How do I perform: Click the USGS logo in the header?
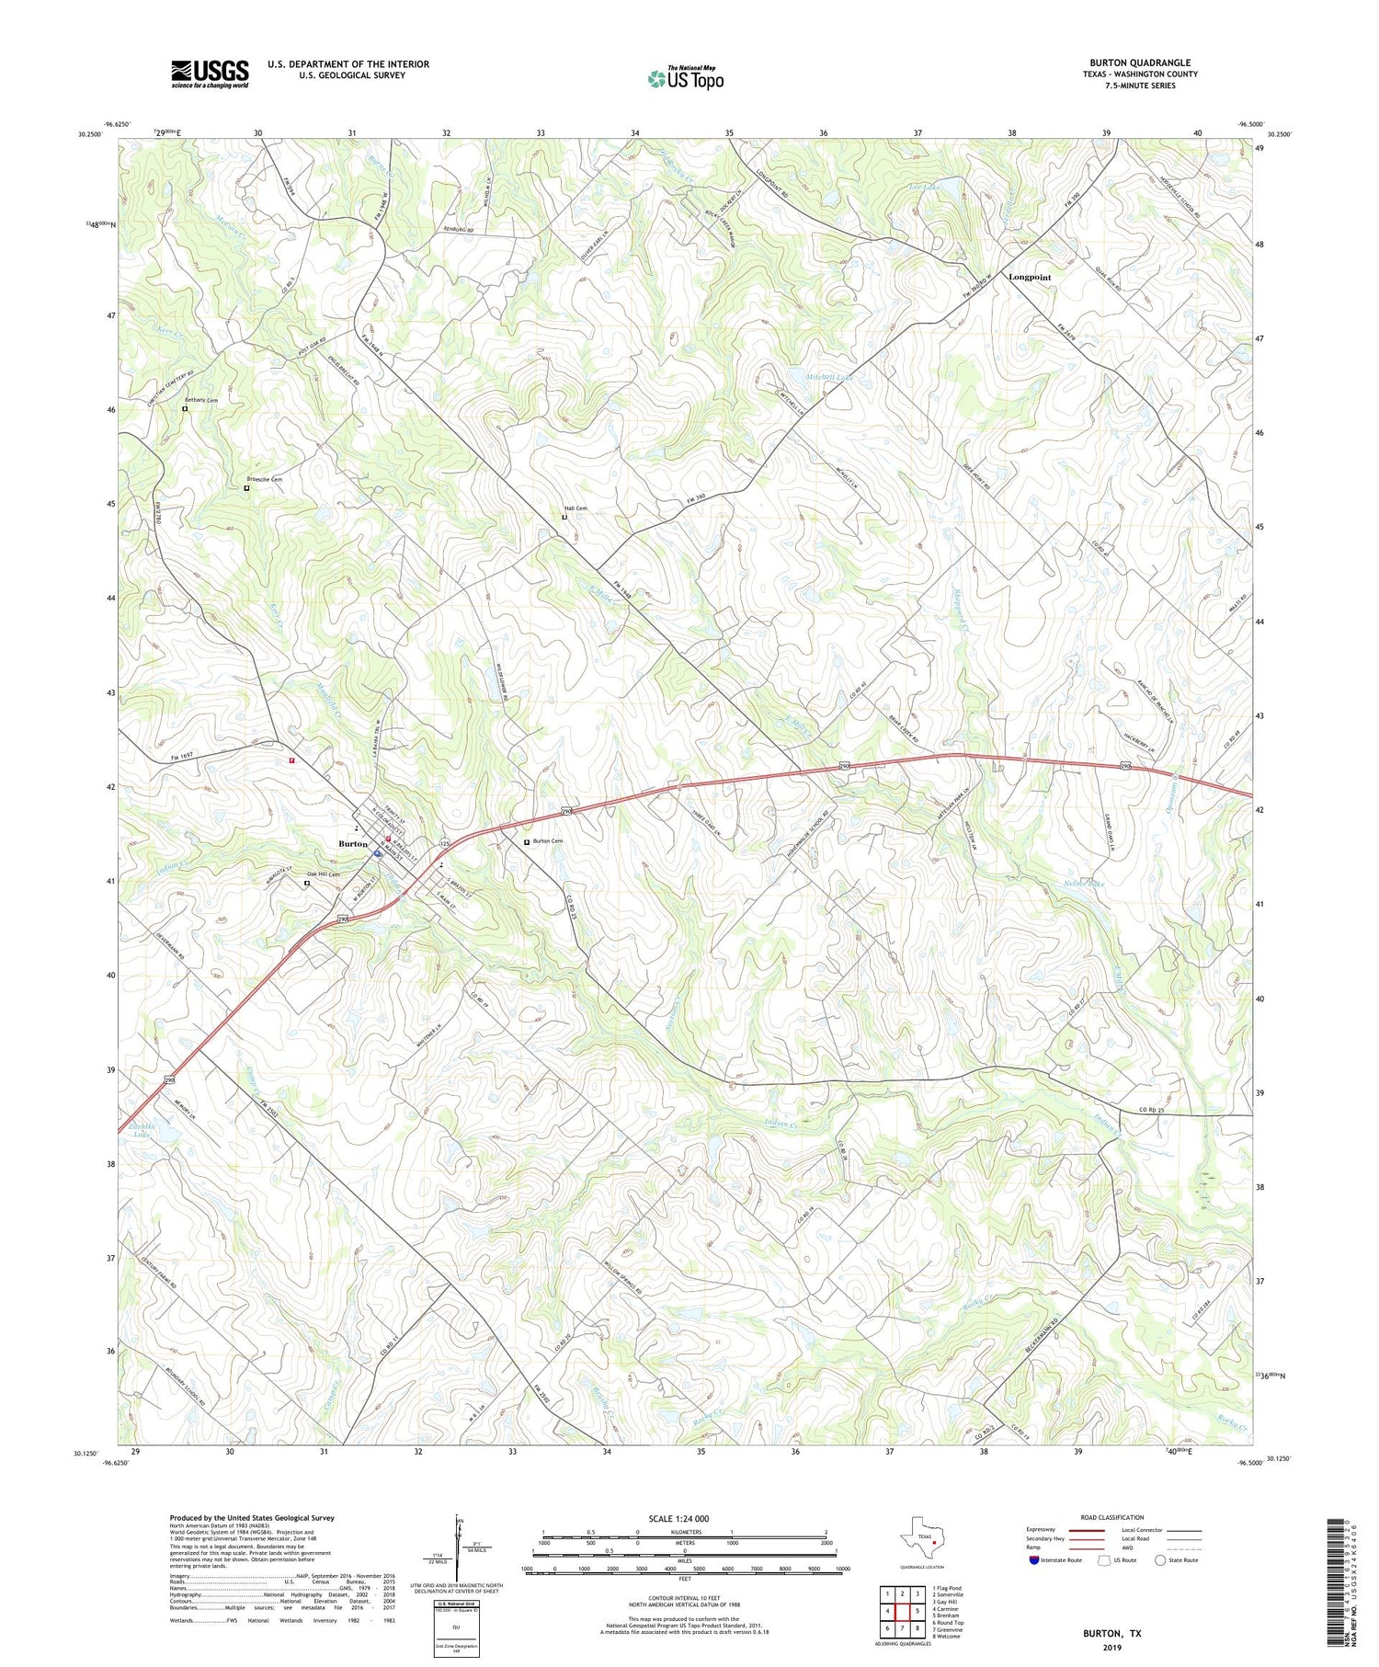coord(210,74)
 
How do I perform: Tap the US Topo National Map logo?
coord(685,78)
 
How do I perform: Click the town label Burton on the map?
coord(353,843)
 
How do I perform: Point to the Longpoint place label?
coord(1030,277)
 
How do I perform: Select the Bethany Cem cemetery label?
coord(201,401)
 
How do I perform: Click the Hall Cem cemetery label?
coord(576,508)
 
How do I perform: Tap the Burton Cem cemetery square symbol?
coord(527,841)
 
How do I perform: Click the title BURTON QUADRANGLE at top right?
coord(1140,63)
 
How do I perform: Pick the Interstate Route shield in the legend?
coord(1033,1560)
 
